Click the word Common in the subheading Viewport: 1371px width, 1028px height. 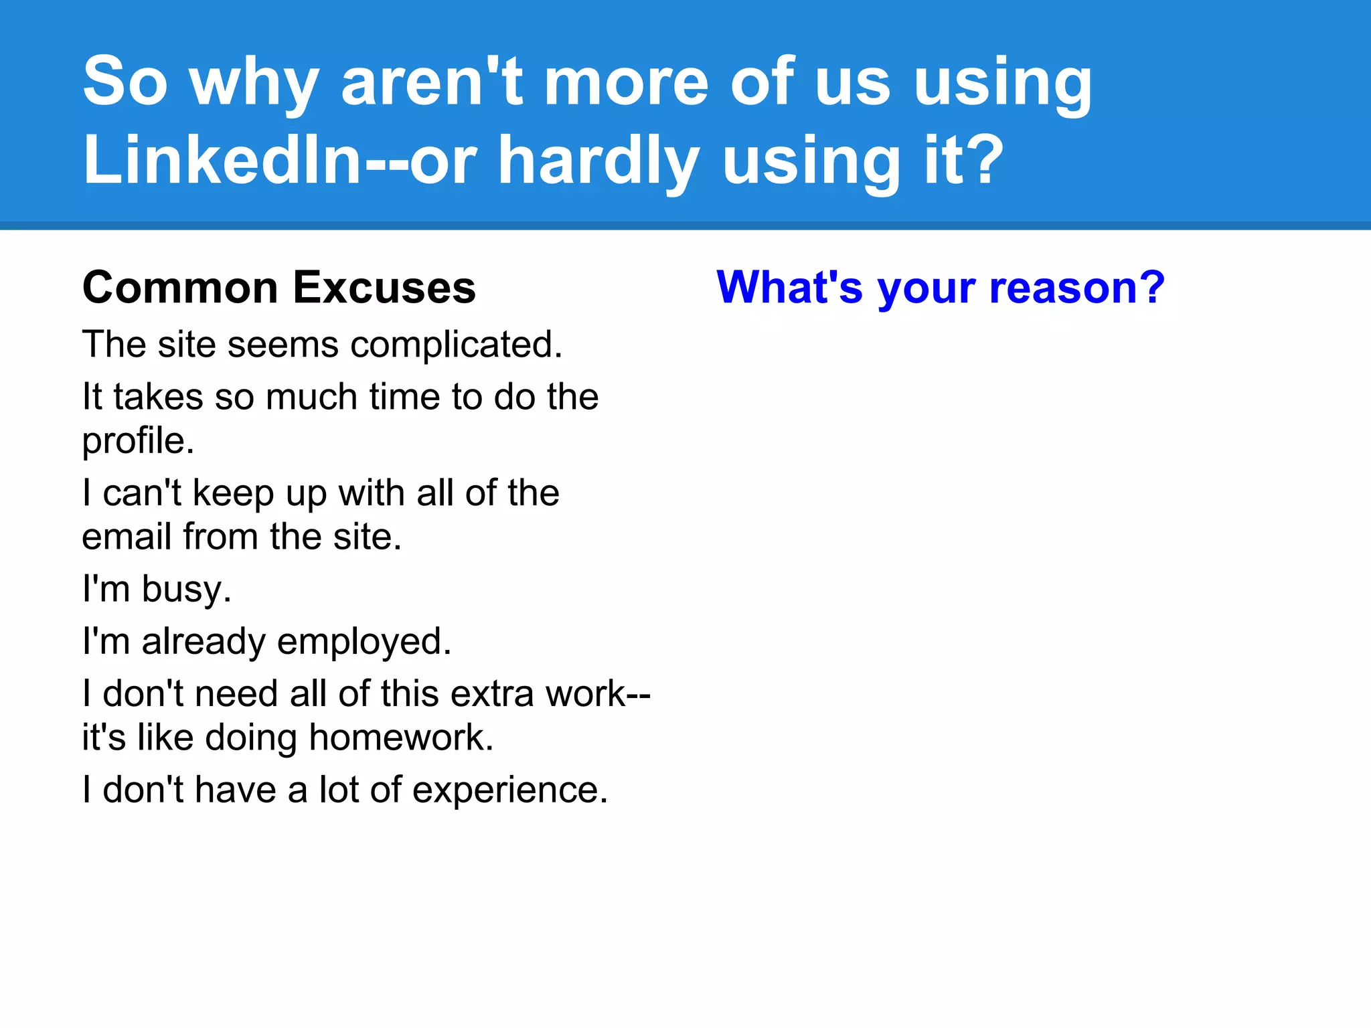(180, 287)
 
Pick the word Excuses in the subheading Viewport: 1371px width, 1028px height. (384, 287)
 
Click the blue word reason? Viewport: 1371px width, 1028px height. (1077, 287)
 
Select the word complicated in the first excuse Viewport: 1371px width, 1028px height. (455, 345)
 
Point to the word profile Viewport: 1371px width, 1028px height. (138, 441)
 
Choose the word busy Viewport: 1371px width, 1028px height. (186, 590)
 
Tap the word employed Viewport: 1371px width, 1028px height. (364, 642)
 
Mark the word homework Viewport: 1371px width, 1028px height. (401, 738)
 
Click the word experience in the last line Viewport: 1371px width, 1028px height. (509, 790)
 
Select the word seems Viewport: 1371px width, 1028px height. (283, 345)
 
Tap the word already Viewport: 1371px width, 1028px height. (204, 642)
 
